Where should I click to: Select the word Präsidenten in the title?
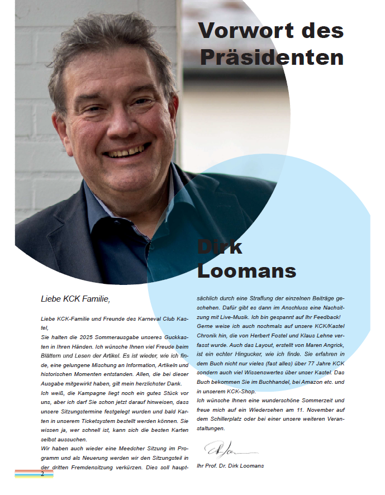coord(272,57)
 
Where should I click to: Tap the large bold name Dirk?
coord(220,247)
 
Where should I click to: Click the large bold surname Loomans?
coord(246,271)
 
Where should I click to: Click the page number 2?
coord(42,474)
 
